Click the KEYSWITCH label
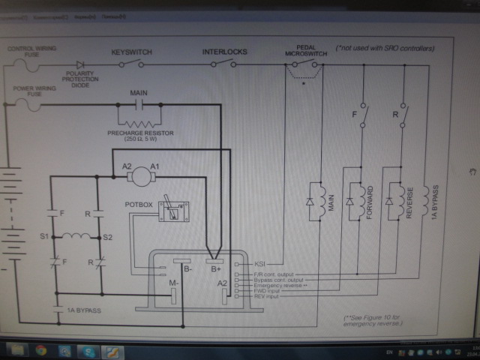point(133,52)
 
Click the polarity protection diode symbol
point(79,64)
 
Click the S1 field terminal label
point(44,237)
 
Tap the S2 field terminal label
point(107,237)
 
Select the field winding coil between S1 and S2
point(76,238)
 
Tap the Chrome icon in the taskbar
point(40,350)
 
